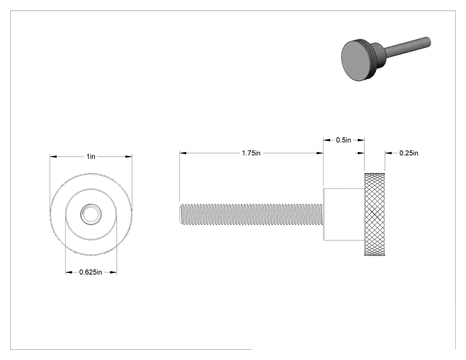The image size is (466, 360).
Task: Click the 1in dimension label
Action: [91, 156]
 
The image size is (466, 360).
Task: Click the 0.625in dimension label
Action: [91, 272]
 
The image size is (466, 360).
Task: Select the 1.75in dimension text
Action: [251, 153]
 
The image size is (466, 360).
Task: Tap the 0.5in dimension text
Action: [344, 140]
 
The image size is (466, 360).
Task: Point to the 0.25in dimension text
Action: [409, 153]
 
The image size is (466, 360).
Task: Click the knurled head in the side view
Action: [375, 214]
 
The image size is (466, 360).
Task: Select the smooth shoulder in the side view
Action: [344, 214]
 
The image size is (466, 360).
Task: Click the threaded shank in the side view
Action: [251, 214]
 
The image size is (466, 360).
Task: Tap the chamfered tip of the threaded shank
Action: [181, 214]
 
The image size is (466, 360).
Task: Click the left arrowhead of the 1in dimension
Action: [53, 156]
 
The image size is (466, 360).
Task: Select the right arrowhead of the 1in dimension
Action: [129, 156]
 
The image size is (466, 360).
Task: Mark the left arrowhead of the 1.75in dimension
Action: [183, 153]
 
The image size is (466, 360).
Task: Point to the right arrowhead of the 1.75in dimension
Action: [320, 153]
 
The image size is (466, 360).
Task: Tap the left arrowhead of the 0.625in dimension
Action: [69, 272]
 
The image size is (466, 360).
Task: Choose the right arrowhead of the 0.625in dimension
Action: [113, 272]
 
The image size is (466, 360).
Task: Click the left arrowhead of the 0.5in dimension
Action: [327, 140]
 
